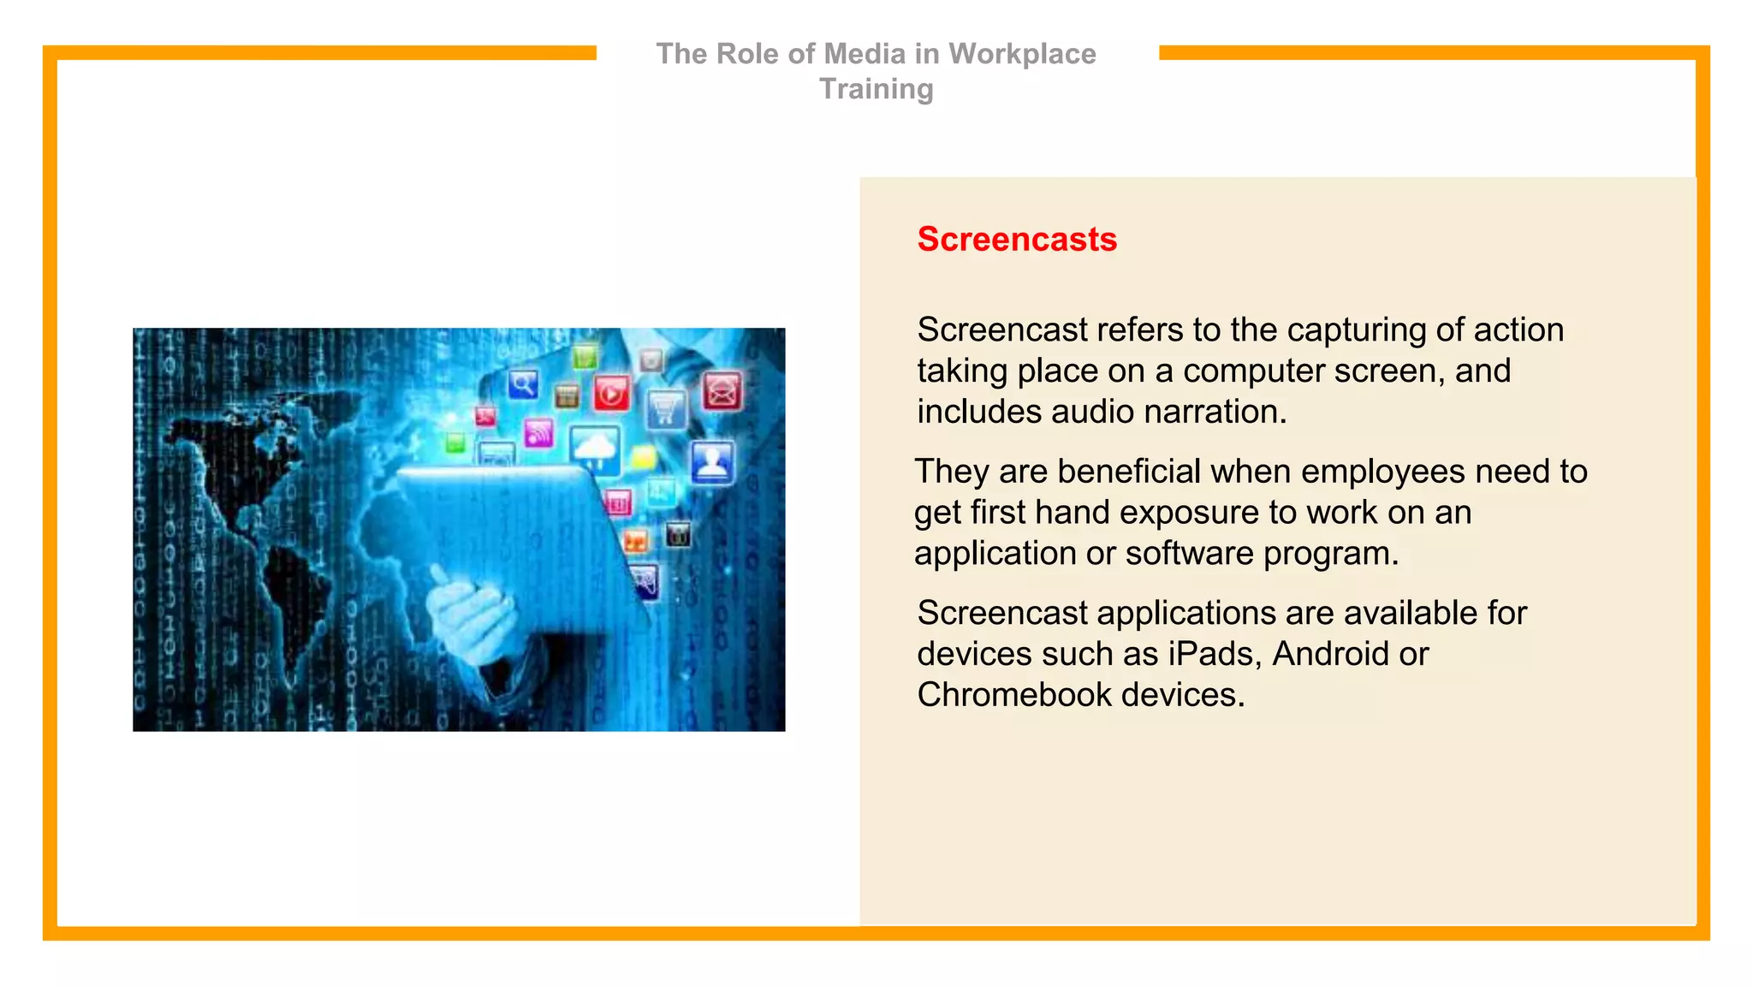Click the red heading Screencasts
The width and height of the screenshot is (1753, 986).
[1017, 240]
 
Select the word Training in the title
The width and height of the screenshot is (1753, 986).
[876, 89]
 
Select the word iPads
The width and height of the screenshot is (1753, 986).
[1215, 655]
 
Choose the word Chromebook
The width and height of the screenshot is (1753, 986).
[1013, 695]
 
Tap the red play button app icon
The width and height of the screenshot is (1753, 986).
[611, 394]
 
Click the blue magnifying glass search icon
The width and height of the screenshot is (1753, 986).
[523, 384]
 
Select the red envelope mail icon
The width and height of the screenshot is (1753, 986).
[722, 392]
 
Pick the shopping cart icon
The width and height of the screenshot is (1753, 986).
[666, 408]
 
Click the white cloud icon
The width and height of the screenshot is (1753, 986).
[595, 448]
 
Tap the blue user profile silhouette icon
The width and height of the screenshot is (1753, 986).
[711, 463]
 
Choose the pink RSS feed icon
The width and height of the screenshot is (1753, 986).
[538, 433]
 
